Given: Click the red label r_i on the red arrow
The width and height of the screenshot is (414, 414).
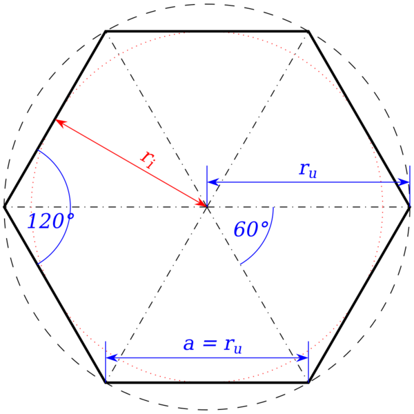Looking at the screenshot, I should click(148, 159).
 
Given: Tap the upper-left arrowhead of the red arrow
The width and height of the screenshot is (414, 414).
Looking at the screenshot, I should click(61, 123).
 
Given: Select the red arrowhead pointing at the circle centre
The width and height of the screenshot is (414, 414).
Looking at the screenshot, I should click(200, 203).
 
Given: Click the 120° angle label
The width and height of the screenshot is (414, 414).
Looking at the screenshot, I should click(50, 221).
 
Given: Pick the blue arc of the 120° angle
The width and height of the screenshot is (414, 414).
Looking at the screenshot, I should click(69, 207).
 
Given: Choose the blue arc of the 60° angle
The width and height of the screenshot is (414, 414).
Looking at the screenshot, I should click(266, 238).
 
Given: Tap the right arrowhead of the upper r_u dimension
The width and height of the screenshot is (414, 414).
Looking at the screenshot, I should click(404, 181).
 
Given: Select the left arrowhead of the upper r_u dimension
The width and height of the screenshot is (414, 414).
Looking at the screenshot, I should click(213, 181).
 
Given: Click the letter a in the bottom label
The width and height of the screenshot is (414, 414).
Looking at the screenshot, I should click(188, 344).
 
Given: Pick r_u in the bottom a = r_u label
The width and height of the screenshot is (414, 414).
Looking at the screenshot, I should click(233, 345).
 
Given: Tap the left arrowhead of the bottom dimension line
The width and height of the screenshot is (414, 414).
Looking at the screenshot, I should click(112, 357).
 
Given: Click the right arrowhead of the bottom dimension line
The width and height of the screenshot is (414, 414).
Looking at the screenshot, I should click(302, 357).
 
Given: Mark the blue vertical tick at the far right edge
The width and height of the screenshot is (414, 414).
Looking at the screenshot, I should click(410, 185).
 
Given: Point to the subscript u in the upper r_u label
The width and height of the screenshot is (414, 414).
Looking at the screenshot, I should click(313, 175).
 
